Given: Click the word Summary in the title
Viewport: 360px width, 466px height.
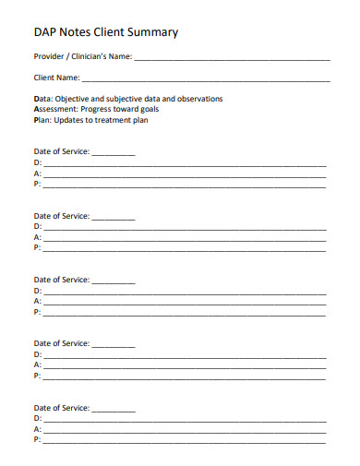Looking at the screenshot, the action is click(x=154, y=32).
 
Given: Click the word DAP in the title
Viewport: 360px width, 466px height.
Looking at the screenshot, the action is click(x=44, y=32).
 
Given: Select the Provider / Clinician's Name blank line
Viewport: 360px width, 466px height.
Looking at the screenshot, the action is click(x=231, y=58).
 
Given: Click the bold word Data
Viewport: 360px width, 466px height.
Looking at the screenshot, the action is click(x=42, y=99).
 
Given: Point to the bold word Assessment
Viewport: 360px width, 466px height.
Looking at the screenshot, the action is click(x=54, y=109).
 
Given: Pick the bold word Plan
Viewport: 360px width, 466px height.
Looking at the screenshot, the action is click(x=42, y=120).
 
